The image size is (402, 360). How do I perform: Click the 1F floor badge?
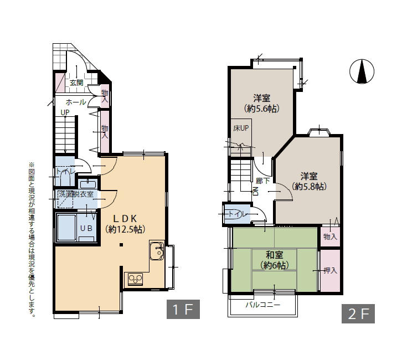[183, 309]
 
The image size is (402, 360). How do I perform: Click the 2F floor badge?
[358, 313]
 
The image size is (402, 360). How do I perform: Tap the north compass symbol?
[362, 71]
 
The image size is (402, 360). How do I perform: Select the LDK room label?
[125, 218]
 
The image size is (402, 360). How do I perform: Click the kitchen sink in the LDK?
[157, 250]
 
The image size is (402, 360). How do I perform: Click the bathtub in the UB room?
[66, 228]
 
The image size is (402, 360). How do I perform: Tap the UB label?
[86, 228]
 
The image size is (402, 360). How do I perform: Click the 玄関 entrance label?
[76, 83]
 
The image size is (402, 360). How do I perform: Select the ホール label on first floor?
[76, 102]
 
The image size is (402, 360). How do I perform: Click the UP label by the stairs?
[65, 112]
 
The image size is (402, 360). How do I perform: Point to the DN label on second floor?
[255, 191]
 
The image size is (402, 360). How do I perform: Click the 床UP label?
[241, 128]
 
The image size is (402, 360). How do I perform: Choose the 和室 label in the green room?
[274, 255]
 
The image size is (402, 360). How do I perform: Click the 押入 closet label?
[330, 270]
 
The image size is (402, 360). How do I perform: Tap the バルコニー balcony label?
[263, 305]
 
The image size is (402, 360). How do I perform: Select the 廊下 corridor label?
[263, 181]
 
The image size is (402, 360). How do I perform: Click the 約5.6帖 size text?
[262, 109]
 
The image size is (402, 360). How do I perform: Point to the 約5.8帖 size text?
[309, 187]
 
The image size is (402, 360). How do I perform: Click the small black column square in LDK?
[121, 245]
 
